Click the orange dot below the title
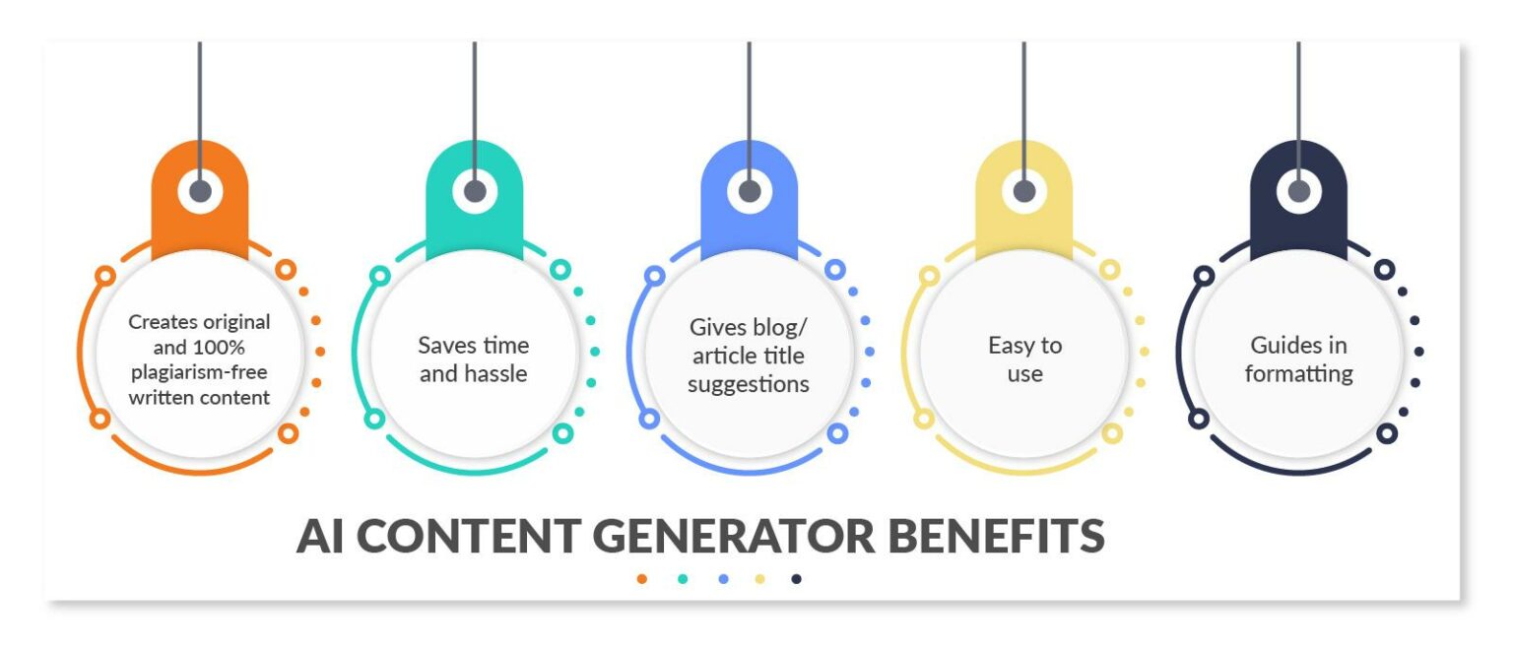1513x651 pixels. [642, 579]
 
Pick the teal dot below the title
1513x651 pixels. [683, 579]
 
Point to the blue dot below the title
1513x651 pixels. [723, 579]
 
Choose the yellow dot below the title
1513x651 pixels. [759, 579]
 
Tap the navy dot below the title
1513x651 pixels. [796, 579]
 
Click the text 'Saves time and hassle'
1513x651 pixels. [474, 359]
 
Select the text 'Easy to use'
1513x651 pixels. [1024, 359]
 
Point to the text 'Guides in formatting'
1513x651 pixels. [1298, 359]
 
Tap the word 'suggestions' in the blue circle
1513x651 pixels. [749, 384]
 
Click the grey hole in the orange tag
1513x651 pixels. [200, 190]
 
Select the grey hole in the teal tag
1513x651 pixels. [475, 190]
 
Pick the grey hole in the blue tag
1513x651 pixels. [750, 190]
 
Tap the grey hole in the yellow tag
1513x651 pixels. [1024, 190]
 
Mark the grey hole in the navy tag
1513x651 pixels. [1299, 190]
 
